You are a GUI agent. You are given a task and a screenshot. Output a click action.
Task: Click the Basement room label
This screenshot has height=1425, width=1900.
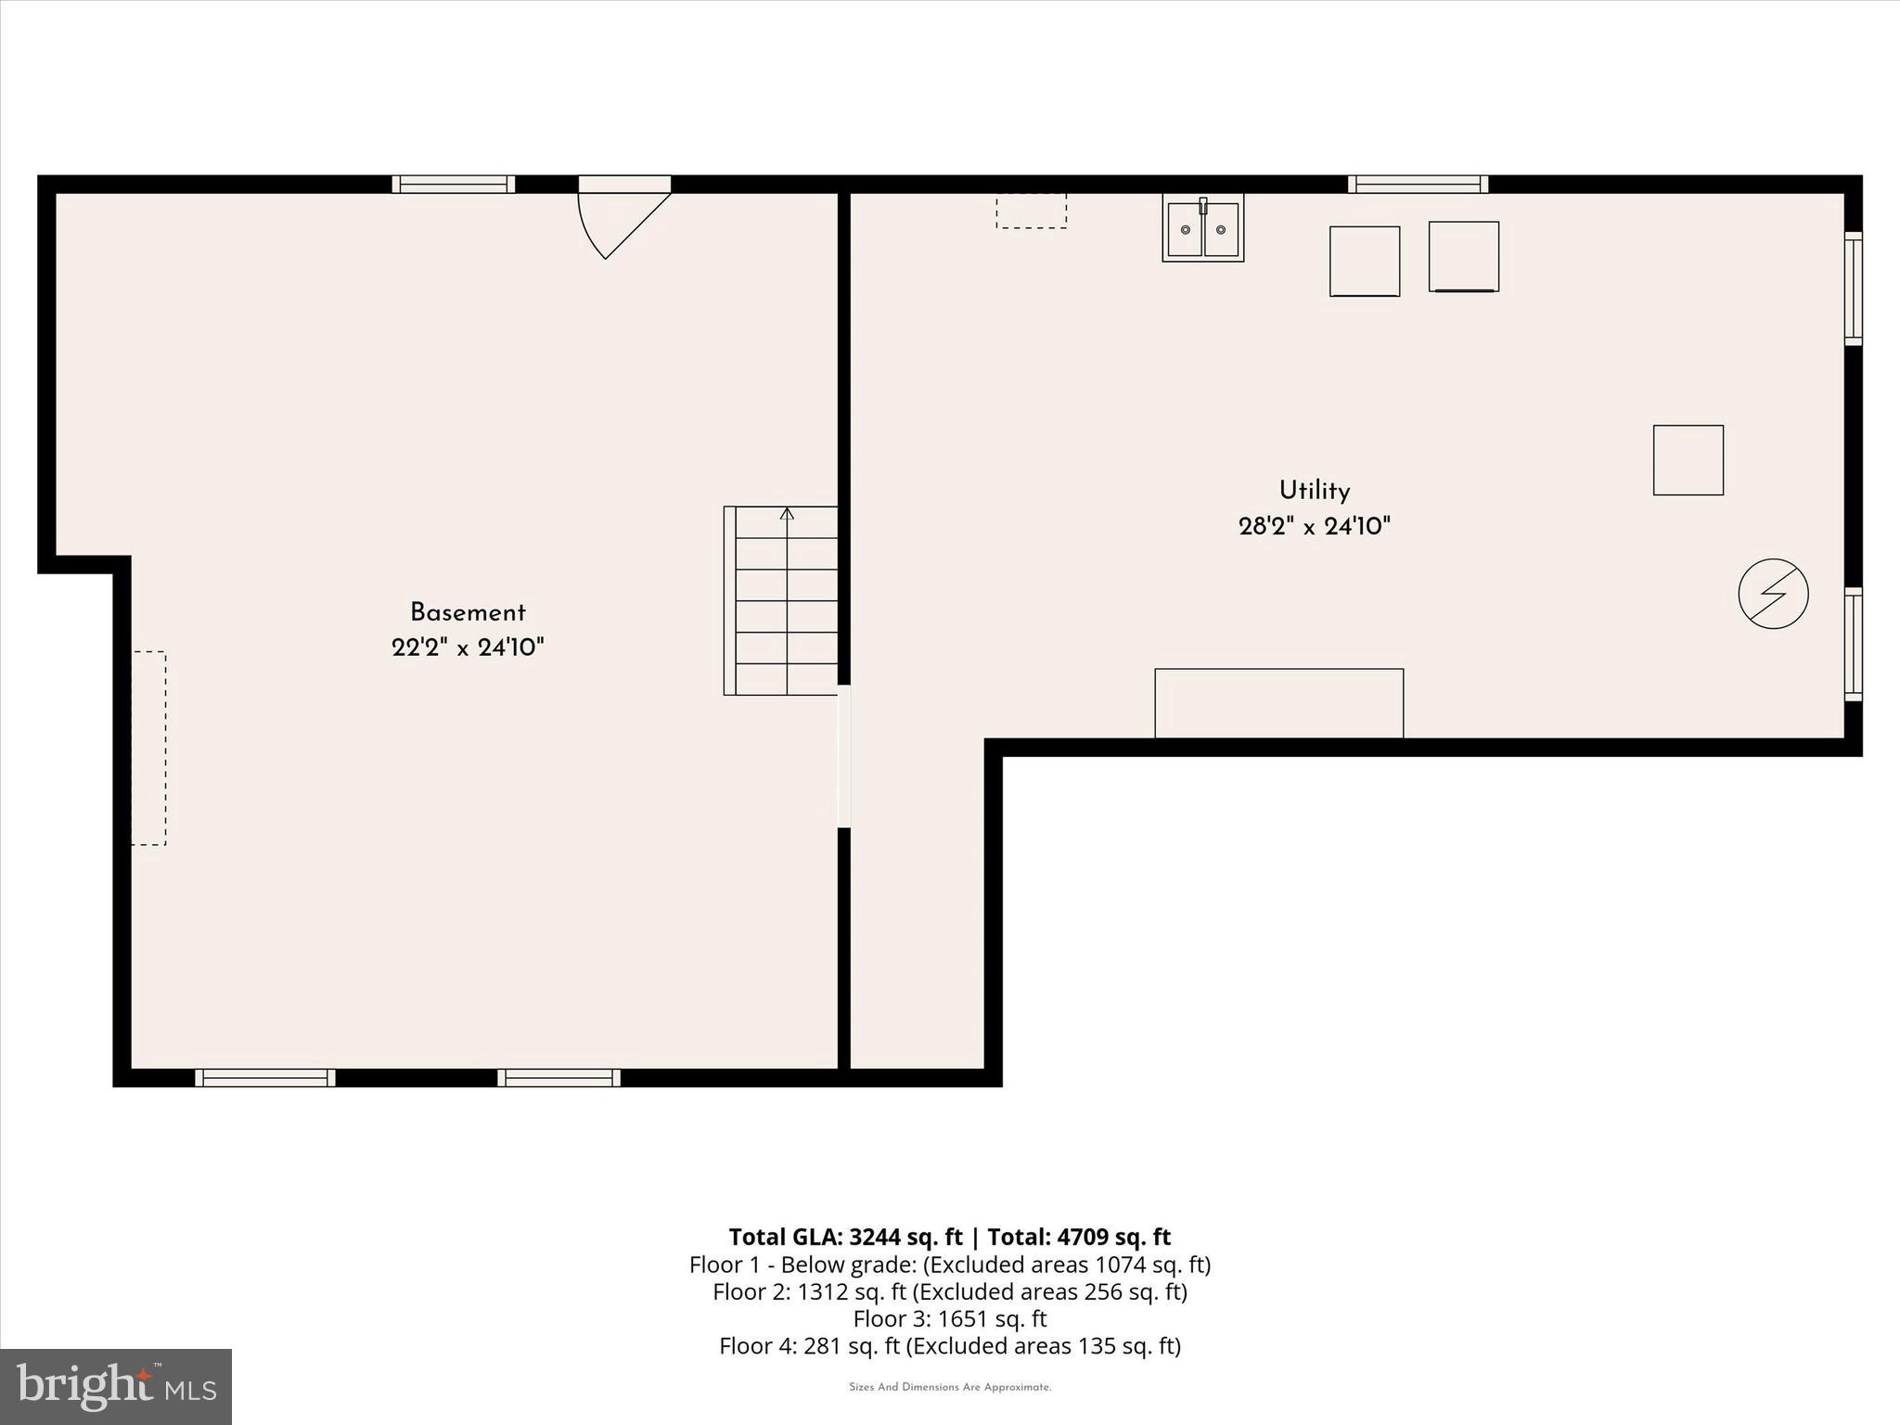(x=468, y=612)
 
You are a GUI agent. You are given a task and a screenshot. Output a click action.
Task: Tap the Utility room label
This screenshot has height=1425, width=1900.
(x=1314, y=491)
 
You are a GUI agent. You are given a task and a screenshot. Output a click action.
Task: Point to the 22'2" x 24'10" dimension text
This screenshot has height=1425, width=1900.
(x=468, y=648)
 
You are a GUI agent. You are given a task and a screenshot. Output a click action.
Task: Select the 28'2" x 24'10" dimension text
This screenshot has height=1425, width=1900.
(x=1314, y=527)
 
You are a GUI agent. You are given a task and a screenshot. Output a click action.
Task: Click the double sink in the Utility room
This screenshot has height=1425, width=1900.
(x=1202, y=229)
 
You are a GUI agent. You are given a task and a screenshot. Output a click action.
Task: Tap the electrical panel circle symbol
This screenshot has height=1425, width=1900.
(x=1773, y=594)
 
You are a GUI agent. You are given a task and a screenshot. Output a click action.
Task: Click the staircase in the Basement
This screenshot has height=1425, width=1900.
(x=781, y=601)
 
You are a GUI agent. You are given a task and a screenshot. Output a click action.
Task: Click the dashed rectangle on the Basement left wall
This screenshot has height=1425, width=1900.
(x=148, y=748)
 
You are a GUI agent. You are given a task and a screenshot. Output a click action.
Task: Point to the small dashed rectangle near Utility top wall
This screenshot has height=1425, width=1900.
(x=1031, y=211)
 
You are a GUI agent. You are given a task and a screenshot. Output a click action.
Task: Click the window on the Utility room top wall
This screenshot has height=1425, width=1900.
(x=1418, y=185)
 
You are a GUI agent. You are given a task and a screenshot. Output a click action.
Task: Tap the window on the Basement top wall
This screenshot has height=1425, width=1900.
(x=453, y=185)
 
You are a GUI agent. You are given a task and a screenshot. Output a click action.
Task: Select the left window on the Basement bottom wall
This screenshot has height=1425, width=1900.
(x=265, y=1077)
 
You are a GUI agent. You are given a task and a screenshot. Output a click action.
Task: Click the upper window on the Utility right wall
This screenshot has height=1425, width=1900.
(x=1853, y=288)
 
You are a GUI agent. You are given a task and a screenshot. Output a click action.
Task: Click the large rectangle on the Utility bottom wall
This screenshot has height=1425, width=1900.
(x=1278, y=703)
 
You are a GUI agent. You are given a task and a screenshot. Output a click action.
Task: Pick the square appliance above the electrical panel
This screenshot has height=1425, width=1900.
(x=1688, y=460)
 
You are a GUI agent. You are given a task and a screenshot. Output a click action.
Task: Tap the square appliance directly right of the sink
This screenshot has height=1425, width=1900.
(x=1364, y=262)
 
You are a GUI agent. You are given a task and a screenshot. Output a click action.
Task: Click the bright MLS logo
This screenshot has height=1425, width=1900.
(x=116, y=1386)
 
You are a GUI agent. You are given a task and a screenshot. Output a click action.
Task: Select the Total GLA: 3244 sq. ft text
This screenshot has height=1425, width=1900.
(x=845, y=1237)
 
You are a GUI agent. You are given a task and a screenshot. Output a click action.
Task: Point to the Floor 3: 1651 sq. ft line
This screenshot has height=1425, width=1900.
(x=949, y=1318)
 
